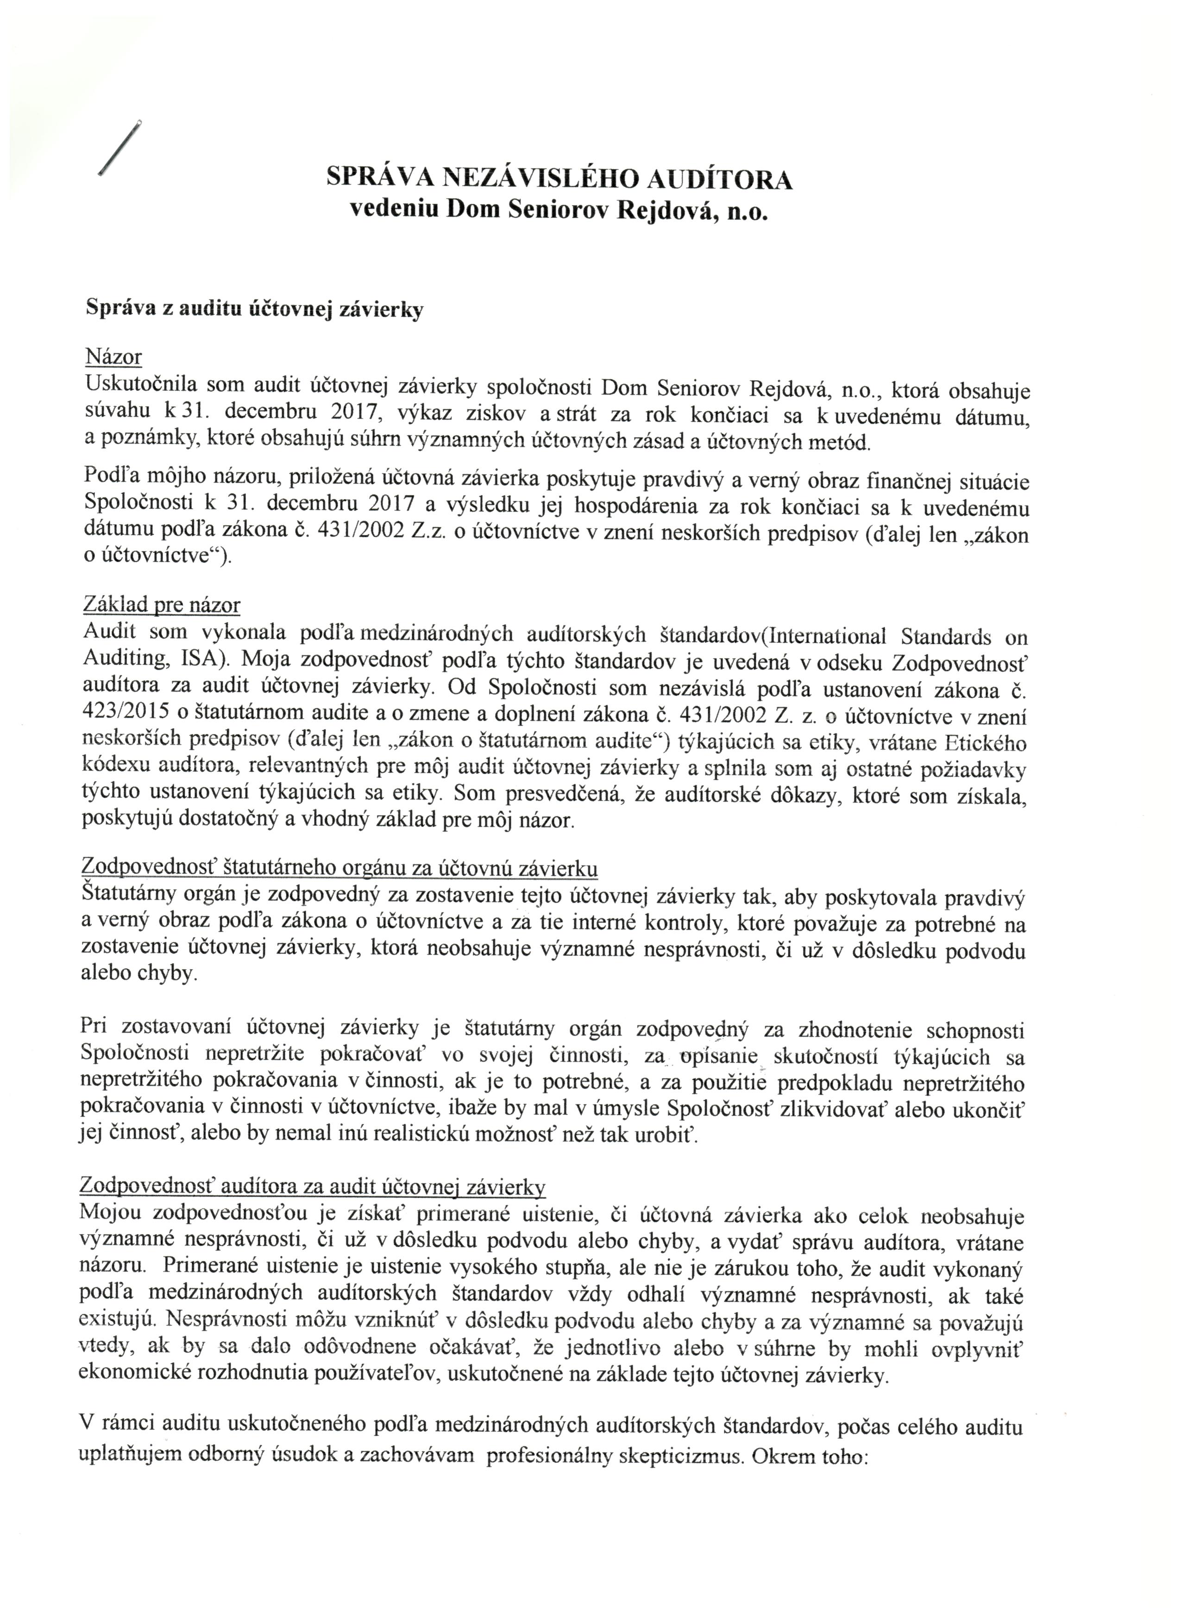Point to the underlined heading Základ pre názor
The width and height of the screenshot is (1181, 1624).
[x=162, y=605]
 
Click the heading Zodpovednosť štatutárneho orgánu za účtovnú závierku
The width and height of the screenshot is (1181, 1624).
[x=340, y=868]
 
